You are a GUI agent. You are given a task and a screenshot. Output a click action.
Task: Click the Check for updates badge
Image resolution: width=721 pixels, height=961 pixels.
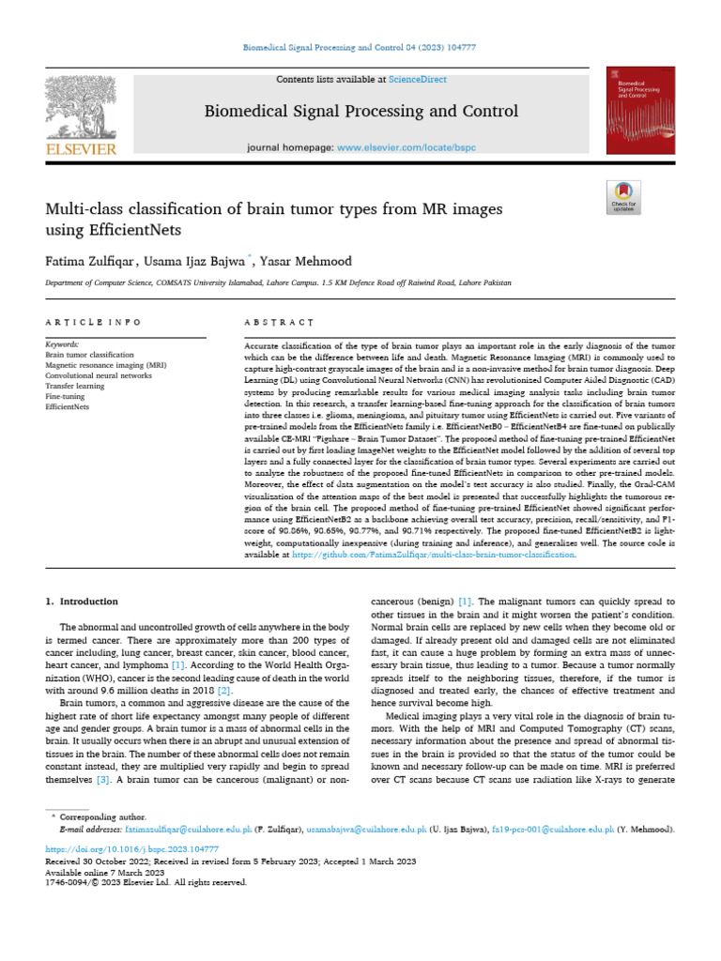click(x=623, y=195)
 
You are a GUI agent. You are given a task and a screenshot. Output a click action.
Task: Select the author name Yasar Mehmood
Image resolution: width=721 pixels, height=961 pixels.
click(x=306, y=259)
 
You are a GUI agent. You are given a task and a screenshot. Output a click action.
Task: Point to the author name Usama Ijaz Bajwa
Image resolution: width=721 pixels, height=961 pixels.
click(x=198, y=259)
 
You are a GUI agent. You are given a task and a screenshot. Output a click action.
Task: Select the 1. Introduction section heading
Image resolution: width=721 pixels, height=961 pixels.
click(x=82, y=601)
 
